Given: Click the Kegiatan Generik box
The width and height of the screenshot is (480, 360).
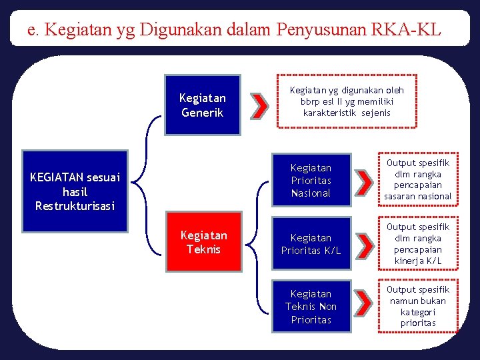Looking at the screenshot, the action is pos(202,105).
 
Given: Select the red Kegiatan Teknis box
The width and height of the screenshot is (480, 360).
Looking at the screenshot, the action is pos(203,242).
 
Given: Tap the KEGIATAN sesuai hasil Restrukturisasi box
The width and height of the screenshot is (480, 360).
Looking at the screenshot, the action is pos(75,192).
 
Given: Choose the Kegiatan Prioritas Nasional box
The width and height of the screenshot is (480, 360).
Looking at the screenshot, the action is pos(311,180).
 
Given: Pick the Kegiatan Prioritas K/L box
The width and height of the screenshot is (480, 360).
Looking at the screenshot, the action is pos(311,244).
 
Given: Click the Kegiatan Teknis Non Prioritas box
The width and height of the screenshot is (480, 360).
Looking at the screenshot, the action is pos(311,307).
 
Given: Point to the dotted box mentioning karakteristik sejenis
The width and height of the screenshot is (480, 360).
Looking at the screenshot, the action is pos(347,101).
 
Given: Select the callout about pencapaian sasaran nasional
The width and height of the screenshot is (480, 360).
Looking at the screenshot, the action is pos(418,179).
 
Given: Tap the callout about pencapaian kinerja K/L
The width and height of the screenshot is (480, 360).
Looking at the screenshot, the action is pos(418,244).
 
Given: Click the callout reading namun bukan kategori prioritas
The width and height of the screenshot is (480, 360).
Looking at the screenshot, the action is pos(418,307).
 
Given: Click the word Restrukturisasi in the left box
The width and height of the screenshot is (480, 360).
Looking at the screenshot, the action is pos(75,206).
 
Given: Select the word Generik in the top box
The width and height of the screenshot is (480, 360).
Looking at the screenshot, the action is pos(203,112).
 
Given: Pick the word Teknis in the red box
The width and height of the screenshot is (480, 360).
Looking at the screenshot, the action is pos(203,249).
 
